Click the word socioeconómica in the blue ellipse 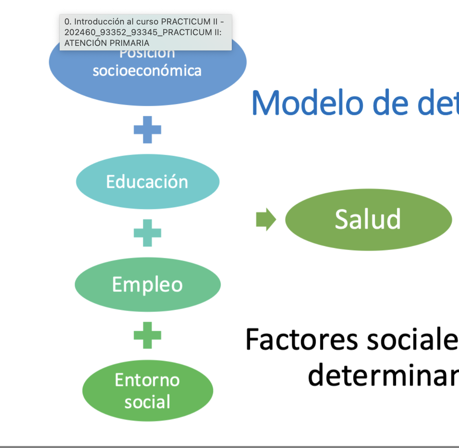coord(147,71)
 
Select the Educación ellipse coord(148,182)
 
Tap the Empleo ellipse coord(148,285)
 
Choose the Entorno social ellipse coord(148,391)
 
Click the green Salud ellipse coord(368,219)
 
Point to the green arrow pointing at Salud coord(266,219)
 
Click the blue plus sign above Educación coord(148,130)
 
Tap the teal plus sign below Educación coord(148,233)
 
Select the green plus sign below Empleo coord(148,335)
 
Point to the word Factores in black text coord(302,339)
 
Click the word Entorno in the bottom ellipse coord(147,380)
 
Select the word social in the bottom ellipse coord(147,402)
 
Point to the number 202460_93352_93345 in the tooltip coord(112,32)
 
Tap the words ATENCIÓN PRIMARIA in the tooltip coord(107,43)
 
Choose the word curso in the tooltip coord(147,22)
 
